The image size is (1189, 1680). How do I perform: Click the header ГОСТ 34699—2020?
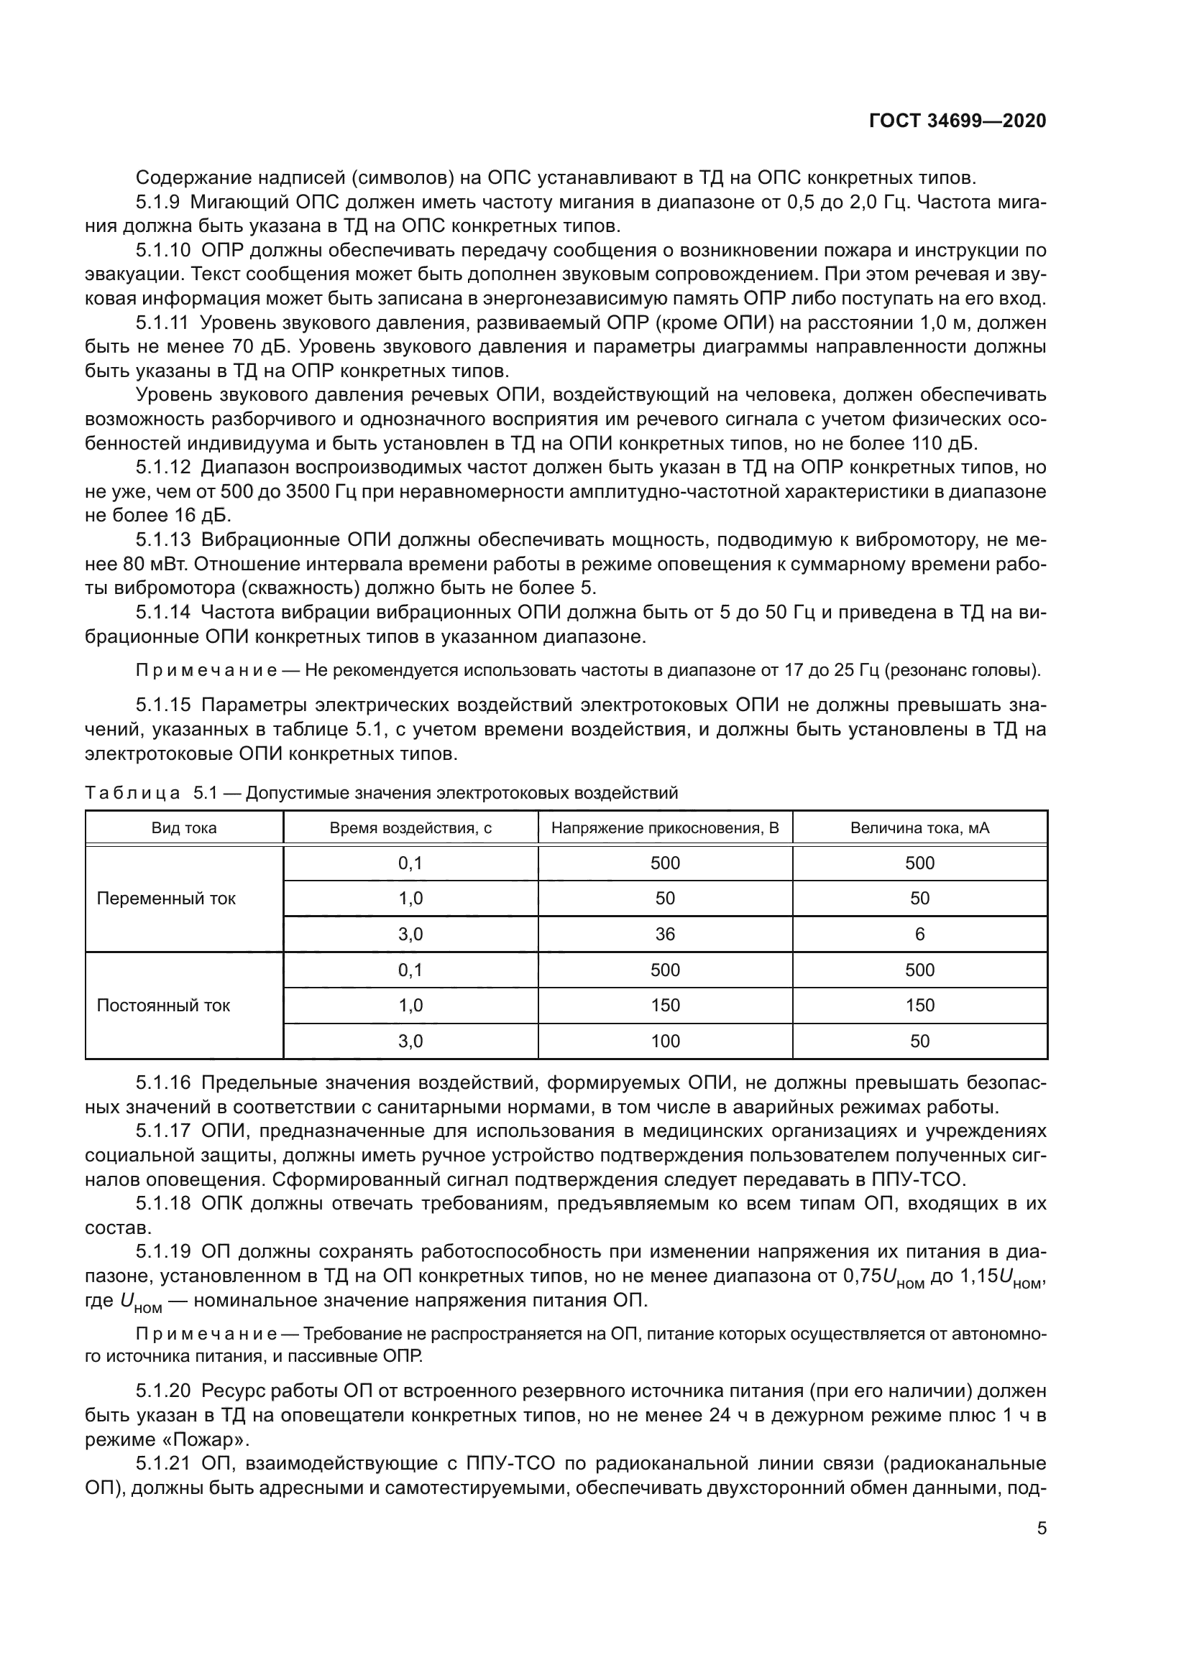pos(957,121)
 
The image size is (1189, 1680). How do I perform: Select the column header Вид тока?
pos(184,828)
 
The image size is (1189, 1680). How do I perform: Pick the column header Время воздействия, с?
pos(410,828)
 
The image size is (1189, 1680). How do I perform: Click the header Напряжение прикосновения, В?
pos(665,828)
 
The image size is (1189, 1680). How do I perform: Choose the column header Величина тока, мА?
pos(919,828)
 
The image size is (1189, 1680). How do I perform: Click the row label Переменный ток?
pos(166,899)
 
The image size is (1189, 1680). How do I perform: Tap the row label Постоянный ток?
pos(163,1006)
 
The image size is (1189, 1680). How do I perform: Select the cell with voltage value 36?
pos(665,934)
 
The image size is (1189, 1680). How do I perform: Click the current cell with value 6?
pos(919,934)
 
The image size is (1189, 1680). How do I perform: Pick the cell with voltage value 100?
pos(665,1041)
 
